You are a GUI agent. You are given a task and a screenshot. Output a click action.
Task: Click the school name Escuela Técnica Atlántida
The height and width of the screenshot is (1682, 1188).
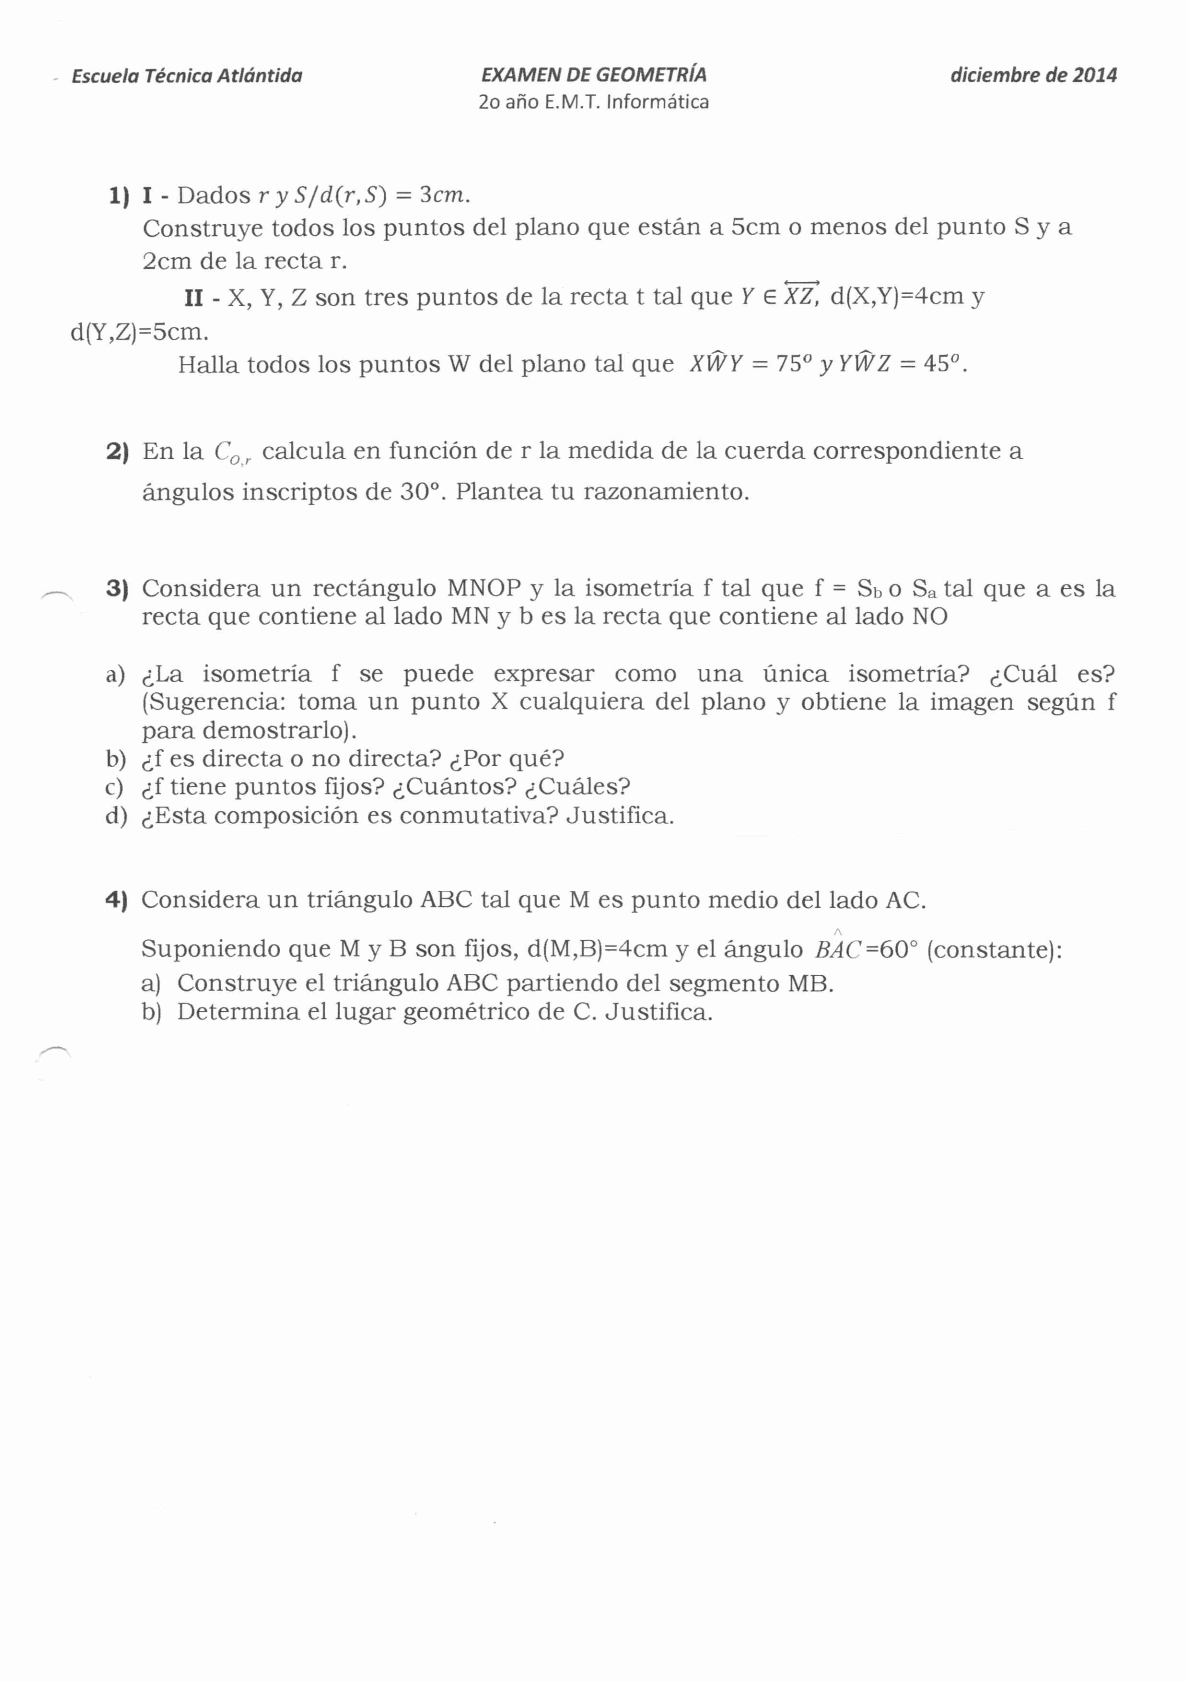pos(187,75)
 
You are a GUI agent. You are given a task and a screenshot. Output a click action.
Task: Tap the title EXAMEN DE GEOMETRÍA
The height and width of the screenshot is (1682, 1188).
pos(593,74)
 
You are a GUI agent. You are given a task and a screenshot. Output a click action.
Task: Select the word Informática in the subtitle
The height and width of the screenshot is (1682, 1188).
pos(658,101)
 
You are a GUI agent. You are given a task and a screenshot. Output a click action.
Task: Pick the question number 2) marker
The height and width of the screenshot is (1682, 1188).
pos(118,451)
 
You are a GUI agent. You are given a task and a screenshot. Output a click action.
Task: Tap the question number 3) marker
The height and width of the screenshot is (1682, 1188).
pos(118,588)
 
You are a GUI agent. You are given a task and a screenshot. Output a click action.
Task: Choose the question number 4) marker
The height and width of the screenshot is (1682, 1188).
pos(117,900)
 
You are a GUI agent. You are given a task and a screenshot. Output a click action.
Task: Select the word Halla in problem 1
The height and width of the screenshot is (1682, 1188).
pos(208,364)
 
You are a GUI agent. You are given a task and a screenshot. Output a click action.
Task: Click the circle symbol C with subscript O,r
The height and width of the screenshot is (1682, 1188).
pos(232,453)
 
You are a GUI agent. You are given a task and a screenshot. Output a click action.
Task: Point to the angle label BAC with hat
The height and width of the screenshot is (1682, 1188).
pos(838,948)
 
